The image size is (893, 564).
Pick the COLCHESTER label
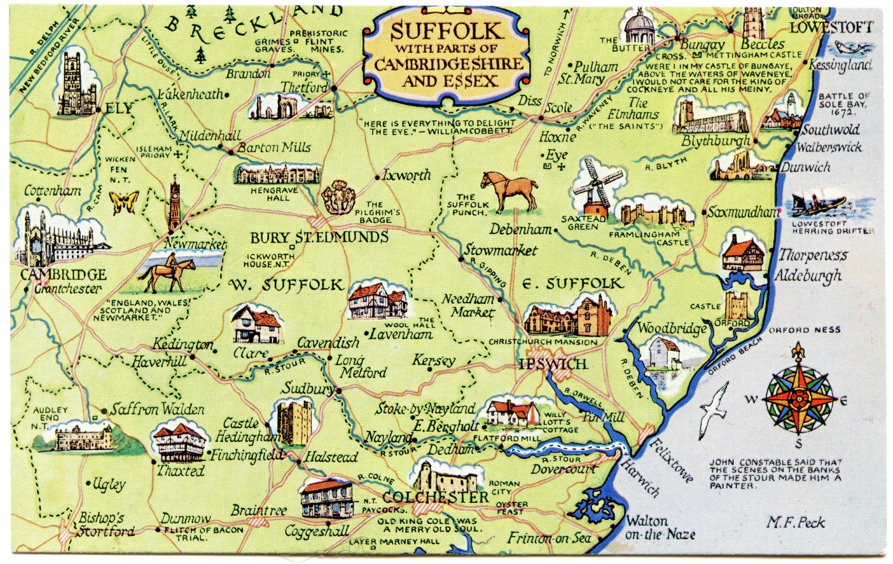point(435,498)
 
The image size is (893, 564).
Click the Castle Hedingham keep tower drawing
point(289,422)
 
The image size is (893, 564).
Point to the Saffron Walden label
point(158,409)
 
